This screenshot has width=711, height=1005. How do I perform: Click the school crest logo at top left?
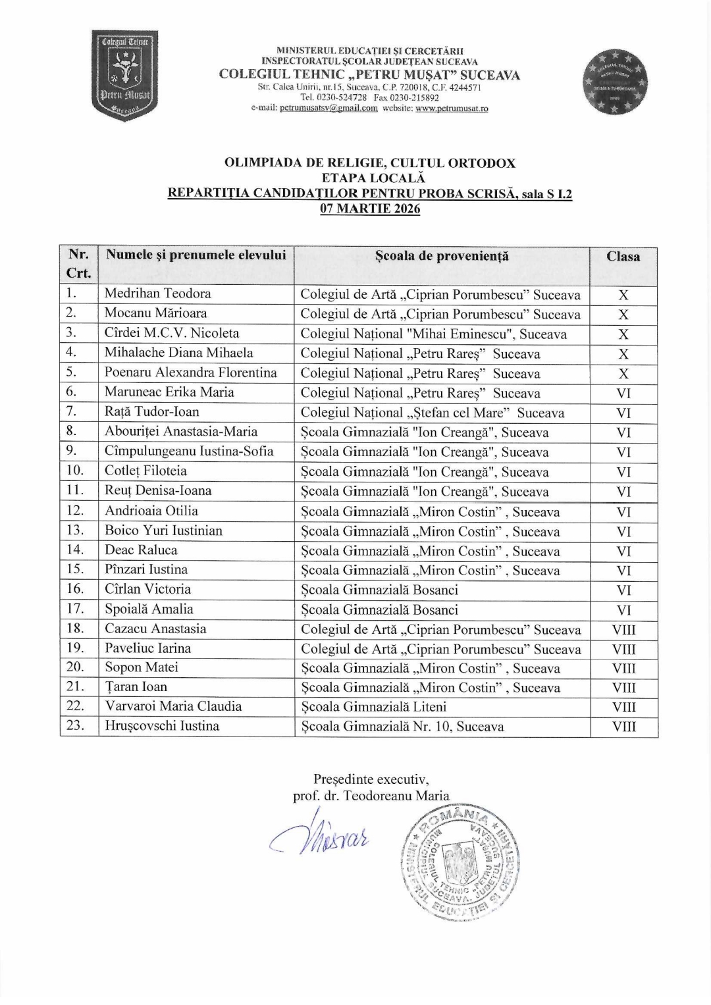click(x=124, y=74)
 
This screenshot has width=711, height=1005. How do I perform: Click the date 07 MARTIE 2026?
click(x=370, y=209)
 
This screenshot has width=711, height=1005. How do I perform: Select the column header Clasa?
click(x=623, y=256)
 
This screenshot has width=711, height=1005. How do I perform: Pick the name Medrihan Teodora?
click(x=158, y=294)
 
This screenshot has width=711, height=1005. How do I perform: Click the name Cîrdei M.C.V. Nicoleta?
click(x=172, y=333)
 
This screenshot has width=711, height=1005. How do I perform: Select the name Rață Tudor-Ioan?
click(x=152, y=412)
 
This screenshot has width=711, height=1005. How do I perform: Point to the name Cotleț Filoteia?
click(x=145, y=471)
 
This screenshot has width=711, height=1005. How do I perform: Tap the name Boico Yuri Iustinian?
click(x=163, y=530)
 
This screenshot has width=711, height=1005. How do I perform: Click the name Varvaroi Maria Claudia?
click(x=173, y=706)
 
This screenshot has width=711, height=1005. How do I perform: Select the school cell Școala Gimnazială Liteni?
click(x=374, y=707)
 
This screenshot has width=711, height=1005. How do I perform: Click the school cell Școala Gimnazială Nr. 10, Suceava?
click(x=403, y=727)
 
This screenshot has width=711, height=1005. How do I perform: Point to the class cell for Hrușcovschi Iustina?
click(x=623, y=727)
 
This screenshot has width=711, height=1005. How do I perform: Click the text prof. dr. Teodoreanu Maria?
click(x=371, y=796)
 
